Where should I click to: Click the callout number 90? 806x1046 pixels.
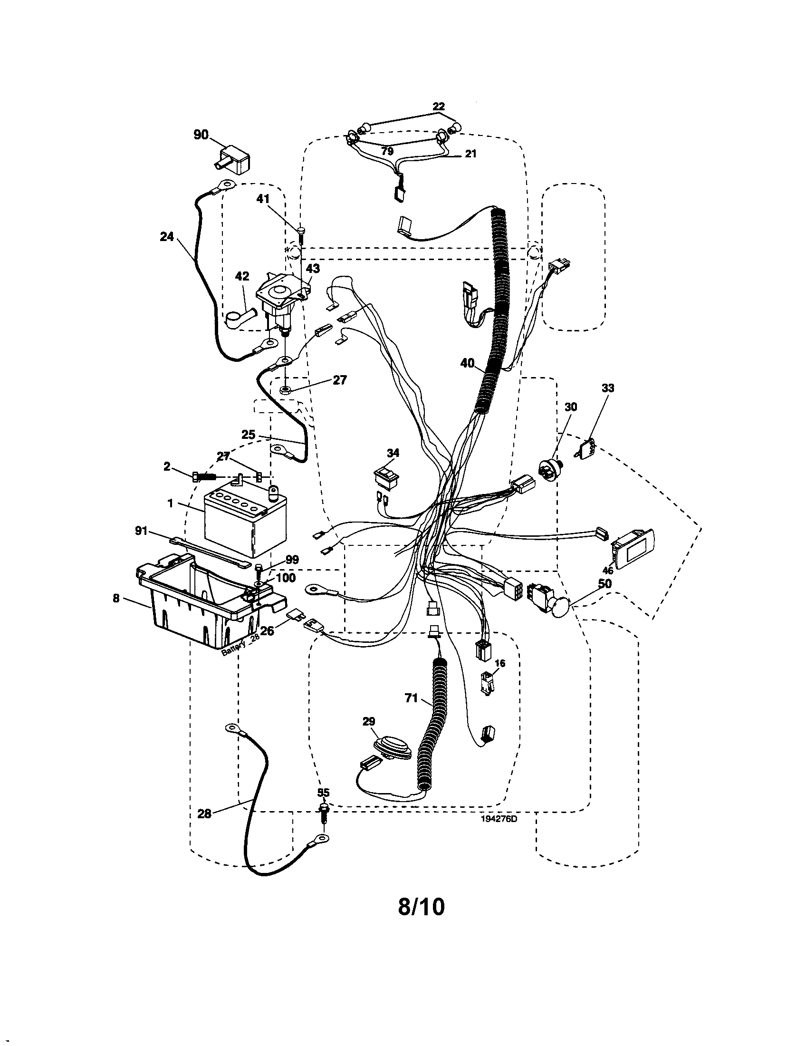(201, 135)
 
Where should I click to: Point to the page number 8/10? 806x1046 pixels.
(421, 907)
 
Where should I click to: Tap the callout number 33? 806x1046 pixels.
(607, 388)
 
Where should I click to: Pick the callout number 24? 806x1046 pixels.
(167, 236)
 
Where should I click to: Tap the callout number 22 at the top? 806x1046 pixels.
(439, 107)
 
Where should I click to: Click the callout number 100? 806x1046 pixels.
(286, 578)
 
